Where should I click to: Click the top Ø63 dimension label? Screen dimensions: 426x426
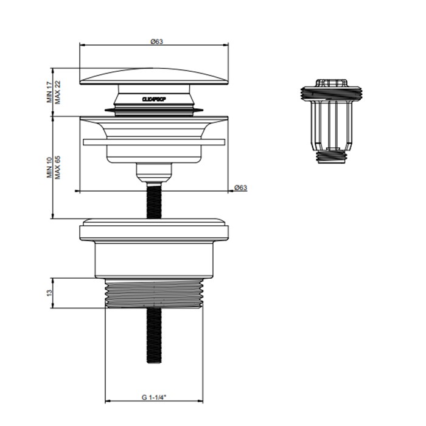tap(155, 41)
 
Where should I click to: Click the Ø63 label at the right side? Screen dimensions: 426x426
tap(241, 187)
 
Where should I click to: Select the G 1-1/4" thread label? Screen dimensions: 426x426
tap(155, 380)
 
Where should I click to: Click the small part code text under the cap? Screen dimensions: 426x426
tap(155, 97)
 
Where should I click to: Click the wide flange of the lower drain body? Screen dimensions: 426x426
tap(155, 231)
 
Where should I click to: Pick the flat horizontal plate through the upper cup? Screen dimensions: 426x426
tap(155, 142)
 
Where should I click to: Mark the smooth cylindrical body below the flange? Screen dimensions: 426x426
tap(155, 260)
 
